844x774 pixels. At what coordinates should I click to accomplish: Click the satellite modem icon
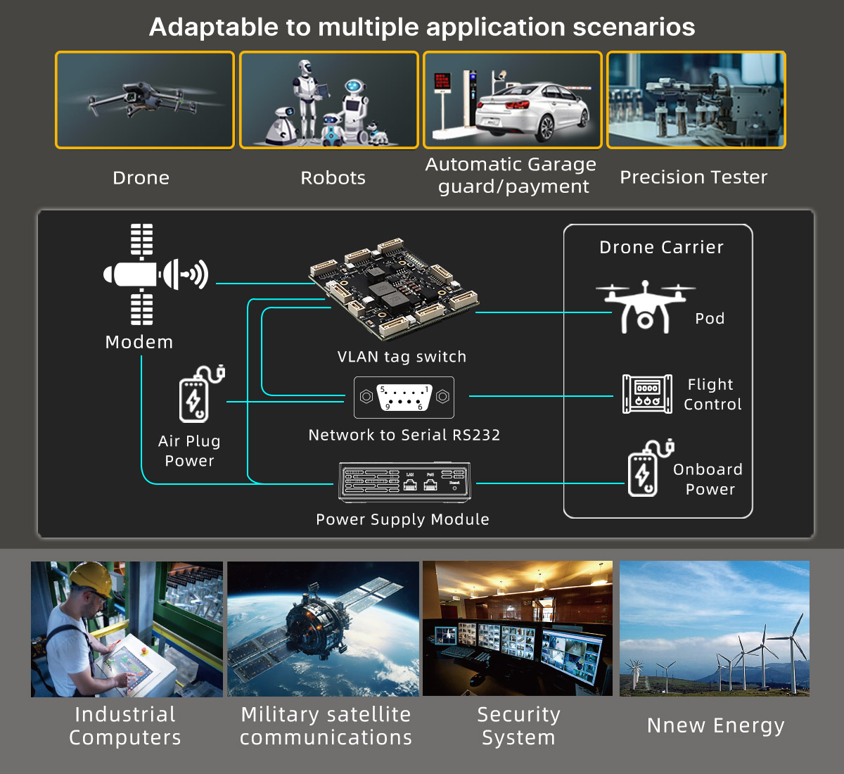click(144, 274)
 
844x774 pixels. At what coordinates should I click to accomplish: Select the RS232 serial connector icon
click(404, 398)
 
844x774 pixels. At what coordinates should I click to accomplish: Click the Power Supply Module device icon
click(404, 483)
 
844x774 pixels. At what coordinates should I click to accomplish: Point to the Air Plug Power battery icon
click(198, 395)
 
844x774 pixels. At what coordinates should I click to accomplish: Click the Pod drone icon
click(645, 307)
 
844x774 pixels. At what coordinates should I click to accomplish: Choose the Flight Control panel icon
click(647, 394)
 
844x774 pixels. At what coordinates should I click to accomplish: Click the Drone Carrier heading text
click(661, 248)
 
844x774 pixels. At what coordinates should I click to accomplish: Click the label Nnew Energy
click(715, 725)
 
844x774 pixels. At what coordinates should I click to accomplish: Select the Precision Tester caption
click(693, 177)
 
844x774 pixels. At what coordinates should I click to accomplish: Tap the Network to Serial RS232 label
click(404, 435)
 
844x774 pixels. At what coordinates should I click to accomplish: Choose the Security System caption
click(518, 726)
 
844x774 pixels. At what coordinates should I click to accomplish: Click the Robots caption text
click(333, 178)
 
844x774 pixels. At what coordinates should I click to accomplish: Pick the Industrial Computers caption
click(125, 726)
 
